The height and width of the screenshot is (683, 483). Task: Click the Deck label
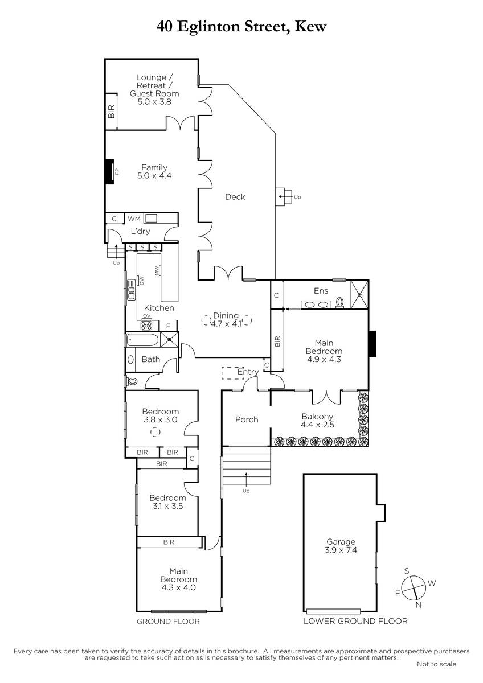point(235,197)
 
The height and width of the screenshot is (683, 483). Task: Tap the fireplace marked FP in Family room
point(109,171)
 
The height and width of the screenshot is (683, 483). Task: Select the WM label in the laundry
point(134,219)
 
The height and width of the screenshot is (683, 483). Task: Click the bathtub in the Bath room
point(142,340)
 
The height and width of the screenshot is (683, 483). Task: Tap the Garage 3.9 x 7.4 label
point(341,546)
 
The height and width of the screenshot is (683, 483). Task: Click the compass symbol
point(414,587)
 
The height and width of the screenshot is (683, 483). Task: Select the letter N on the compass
point(419,605)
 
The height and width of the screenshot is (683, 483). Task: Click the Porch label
point(247,419)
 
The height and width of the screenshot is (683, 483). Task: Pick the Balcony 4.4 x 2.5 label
point(317,420)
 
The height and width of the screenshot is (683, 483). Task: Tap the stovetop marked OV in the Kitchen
point(146,325)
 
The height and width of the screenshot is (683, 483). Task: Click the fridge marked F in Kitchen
point(168,326)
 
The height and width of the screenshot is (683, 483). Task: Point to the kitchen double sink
point(131,289)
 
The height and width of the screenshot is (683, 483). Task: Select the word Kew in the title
point(310,27)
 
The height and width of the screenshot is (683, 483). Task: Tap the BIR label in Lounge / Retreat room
point(112,111)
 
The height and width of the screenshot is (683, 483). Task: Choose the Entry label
point(248,372)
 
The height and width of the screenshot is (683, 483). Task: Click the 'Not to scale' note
point(436,664)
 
